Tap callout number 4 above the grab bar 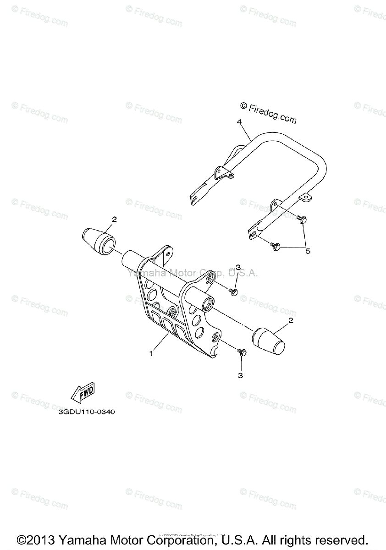pyautogui.click(x=239, y=122)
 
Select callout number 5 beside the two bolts pyautogui.click(x=308, y=251)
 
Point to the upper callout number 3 pyautogui.click(x=238, y=268)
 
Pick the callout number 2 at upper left pyautogui.click(x=114, y=219)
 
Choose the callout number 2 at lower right pyautogui.click(x=290, y=322)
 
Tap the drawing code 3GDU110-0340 pyautogui.click(x=86, y=412)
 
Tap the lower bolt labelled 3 pyautogui.click(x=242, y=352)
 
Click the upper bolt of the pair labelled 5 pyautogui.click(x=301, y=219)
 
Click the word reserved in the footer pyautogui.click(x=340, y=539)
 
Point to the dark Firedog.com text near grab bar pyautogui.click(x=269, y=113)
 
